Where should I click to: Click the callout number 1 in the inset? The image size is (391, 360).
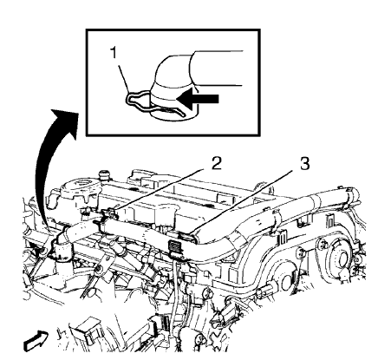pyautogui.click(x=114, y=53)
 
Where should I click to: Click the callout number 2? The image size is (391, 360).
pyautogui.click(x=216, y=164)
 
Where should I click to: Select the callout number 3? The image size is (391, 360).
pyautogui.click(x=304, y=164)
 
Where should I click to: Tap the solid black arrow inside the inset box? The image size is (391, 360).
pyautogui.click(x=198, y=99)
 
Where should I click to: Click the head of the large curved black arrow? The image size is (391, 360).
pyautogui.click(x=65, y=120)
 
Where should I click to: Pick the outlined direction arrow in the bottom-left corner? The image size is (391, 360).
pyautogui.click(x=36, y=341)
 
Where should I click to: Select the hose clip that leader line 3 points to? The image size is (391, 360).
pyautogui.click(x=188, y=237)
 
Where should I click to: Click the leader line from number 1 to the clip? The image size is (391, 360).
pyautogui.click(x=123, y=76)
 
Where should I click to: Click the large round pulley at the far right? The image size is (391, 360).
pyautogui.click(x=341, y=257)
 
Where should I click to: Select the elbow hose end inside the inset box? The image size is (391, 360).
pyautogui.click(x=171, y=84)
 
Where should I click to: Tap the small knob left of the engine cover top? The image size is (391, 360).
pyautogui.click(x=103, y=175)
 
